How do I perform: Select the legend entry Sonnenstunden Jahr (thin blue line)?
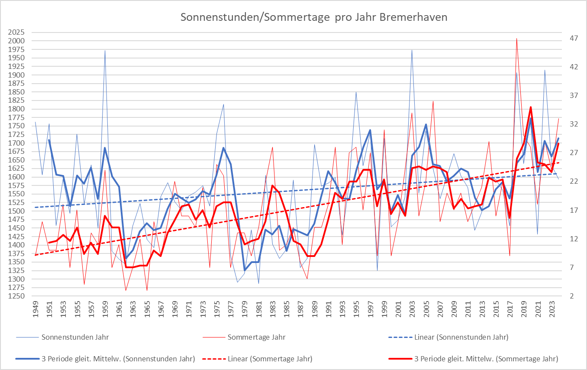(75, 337)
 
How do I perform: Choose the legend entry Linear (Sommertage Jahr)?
(270, 359)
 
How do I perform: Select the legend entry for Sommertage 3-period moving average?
(486, 359)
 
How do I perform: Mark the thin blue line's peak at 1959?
(105, 50)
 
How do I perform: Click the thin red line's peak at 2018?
(516, 39)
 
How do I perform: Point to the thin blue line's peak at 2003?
(412, 50)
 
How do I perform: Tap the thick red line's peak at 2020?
(530, 107)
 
